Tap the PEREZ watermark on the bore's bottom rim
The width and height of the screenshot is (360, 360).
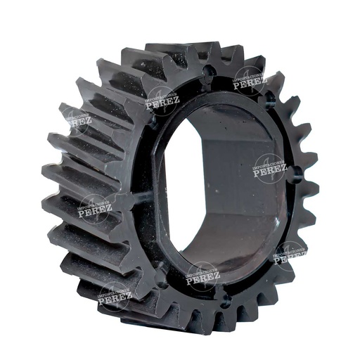coord(203,276)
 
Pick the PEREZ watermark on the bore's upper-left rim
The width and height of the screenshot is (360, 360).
coord(162,100)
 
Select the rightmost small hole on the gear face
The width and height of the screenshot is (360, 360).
coord(296,171)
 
